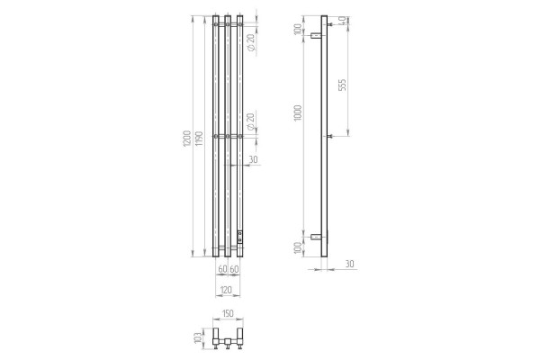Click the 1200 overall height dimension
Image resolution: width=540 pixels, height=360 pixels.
[x=186, y=139]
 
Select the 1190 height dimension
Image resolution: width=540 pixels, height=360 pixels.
[x=199, y=139]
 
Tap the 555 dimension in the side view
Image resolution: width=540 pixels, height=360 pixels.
[x=342, y=85]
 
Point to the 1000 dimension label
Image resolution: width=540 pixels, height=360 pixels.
[x=298, y=112]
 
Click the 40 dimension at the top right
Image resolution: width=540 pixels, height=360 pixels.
[x=342, y=21]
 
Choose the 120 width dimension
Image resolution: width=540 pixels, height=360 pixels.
[x=226, y=290]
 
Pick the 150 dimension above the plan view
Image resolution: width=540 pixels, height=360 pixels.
[x=228, y=313]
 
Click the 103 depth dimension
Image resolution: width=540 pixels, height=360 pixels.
[x=197, y=338]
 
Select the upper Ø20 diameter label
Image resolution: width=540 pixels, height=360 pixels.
[x=251, y=42]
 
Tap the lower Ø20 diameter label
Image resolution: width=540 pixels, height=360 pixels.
[x=251, y=122]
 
